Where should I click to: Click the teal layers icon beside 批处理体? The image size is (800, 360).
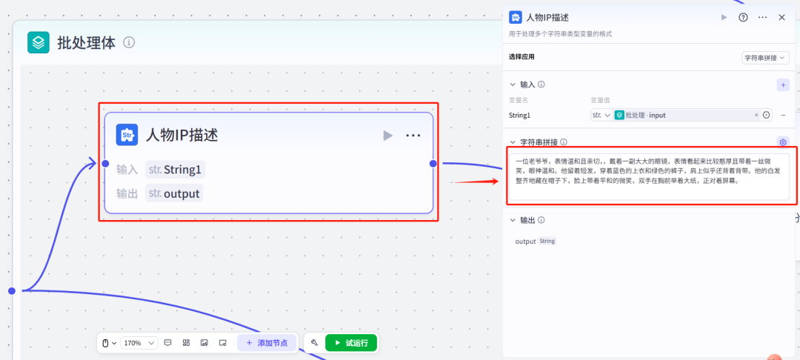tap(39, 42)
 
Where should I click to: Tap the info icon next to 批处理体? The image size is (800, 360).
tap(129, 43)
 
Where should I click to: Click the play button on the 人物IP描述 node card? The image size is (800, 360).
tap(387, 135)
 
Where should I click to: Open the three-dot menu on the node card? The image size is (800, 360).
tap(413, 135)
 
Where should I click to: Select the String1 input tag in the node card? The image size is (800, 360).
tap(175, 170)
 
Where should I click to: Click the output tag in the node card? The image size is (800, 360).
tap(174, 193)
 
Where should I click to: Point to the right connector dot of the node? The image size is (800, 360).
tap(433, 164)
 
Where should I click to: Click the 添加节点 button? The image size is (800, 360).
tap(267, 343)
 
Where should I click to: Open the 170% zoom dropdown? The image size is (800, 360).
tap(139, 343)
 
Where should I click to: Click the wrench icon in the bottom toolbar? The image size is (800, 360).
tap(314, 343)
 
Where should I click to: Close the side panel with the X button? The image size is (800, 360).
tap(781, 17)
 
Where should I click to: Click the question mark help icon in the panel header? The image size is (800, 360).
tap(744, 17)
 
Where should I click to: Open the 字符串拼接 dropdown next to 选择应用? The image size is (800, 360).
tap(765, 58)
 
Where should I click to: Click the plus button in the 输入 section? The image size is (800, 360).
tap(783, 85)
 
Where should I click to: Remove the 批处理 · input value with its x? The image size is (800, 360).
tap(756, 116)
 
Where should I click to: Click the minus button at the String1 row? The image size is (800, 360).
tap(783, 116)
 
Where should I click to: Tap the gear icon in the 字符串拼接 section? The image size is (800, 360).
tap(783, 141)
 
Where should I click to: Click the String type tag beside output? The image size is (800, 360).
tap(547, 241)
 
